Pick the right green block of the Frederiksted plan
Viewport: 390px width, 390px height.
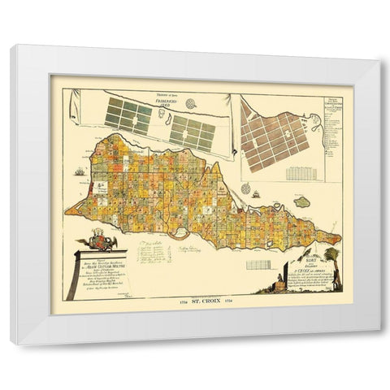[191, 132]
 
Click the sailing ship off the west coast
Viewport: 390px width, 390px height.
[78, 172]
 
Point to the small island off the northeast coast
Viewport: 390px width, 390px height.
[303, 201]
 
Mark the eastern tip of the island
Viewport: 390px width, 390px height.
[340, 238]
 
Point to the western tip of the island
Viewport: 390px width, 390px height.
[67, 213]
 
